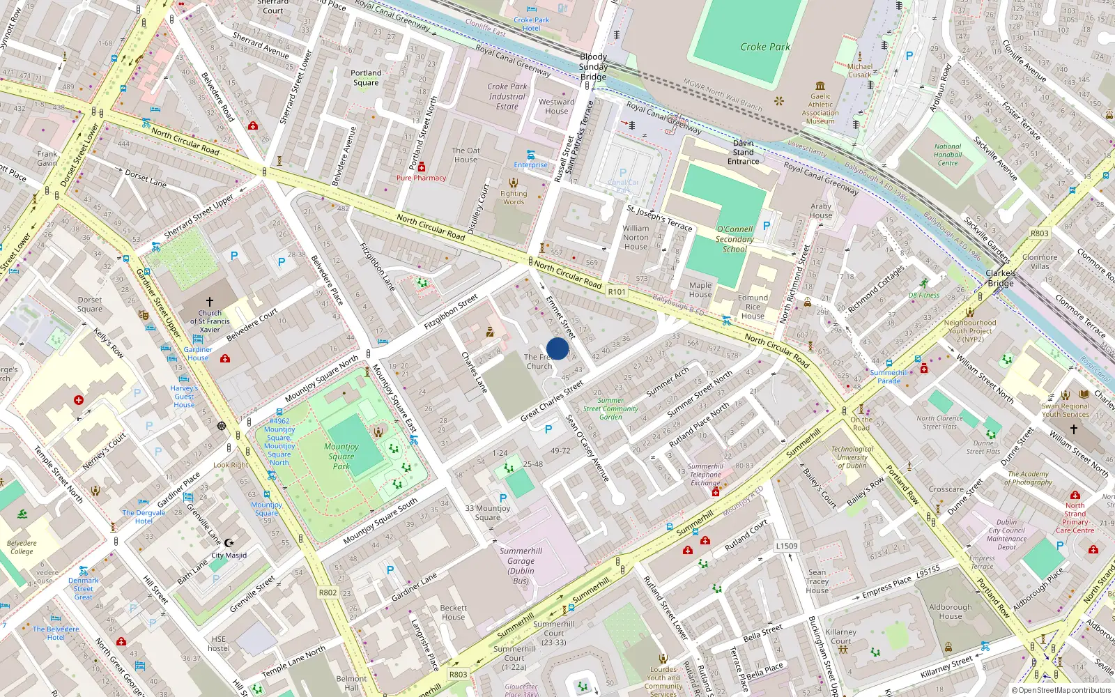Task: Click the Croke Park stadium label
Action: [x=764, y=47]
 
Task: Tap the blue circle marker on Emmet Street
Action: [x=557, y=348]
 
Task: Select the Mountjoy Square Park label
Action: [x=341, y=457]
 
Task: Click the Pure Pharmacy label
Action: [x=421, y=178]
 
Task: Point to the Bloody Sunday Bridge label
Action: [x=593, y=67]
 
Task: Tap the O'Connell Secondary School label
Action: [x=735, y=239]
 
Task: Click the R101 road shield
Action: [x=617, y=292]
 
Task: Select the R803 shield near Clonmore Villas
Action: [x=1039, y=233]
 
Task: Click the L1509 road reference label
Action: [x=786, y=546]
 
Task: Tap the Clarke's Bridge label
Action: [x=1000, y=278]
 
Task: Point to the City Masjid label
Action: [x=229, y=556]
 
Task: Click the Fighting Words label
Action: [x=514, y=198]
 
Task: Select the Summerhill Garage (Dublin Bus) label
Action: [x=521, y=565]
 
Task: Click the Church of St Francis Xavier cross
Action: [x=210, y=302]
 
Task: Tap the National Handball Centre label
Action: [x=947, y=155]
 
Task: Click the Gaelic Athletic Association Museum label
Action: [x=820, y=109]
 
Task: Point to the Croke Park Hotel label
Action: [x=531, y=24]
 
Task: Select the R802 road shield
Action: [x=328, y=592]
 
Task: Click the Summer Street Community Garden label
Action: [x=610, y=408]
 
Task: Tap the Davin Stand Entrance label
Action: [x=743, y=152]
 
